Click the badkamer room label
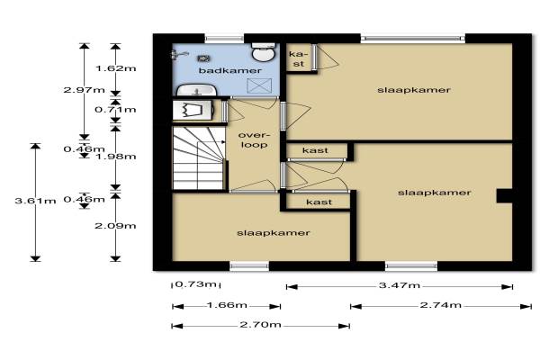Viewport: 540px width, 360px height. click(x=230, y=70)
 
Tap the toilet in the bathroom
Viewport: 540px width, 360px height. click(x=264, y=52)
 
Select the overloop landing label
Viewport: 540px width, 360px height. click(x=254, y=139)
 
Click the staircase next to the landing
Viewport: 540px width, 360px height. click(x=199, y=158)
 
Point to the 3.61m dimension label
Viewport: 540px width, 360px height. click(x=35, y=201)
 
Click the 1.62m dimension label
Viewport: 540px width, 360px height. click(x=116, y=68)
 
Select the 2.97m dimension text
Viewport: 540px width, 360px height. click(x=85, y=90)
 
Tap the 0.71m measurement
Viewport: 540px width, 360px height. click(x=116, y=110)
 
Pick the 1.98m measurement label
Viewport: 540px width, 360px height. click(x=116, y=157)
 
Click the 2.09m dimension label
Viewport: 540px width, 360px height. click(x=116, y=226)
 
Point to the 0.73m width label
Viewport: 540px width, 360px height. click(x=196, y=284)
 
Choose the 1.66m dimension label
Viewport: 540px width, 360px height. click(x=227, y=305)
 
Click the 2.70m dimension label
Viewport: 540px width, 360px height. click(x=261, y=325)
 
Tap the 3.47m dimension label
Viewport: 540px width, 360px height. click(x=400, y=285)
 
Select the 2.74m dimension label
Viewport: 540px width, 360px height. click(x=441, y=305)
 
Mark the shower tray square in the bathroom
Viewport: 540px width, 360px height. click(x=260, y=85)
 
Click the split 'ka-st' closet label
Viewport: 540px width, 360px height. click(x=298, y=58)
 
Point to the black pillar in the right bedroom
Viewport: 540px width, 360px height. click(x=504, y=195)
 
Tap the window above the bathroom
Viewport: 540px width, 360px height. click(x=224, y=38)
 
